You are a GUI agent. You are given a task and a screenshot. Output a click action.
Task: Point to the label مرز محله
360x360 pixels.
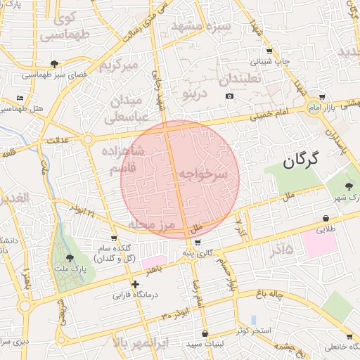[x=150, y=224]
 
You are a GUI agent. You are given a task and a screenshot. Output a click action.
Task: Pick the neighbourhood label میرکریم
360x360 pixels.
[x=116, y=67]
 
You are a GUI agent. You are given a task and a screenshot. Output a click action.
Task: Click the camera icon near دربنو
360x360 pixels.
[x=229, y=96]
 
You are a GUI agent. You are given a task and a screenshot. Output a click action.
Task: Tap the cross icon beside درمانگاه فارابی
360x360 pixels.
[x=135, y=284]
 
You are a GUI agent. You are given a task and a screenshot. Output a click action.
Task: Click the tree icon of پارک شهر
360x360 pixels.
[x=349, y=186]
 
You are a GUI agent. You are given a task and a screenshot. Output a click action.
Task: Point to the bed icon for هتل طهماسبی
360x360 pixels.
[x=19, y=98]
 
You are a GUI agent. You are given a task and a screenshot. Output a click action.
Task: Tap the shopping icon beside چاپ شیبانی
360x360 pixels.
[x=269, y=51]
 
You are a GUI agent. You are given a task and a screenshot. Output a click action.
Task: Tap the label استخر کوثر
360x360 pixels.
[x=256, y=330]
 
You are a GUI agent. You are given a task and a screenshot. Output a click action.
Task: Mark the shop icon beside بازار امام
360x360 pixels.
[x=322, y=97]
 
